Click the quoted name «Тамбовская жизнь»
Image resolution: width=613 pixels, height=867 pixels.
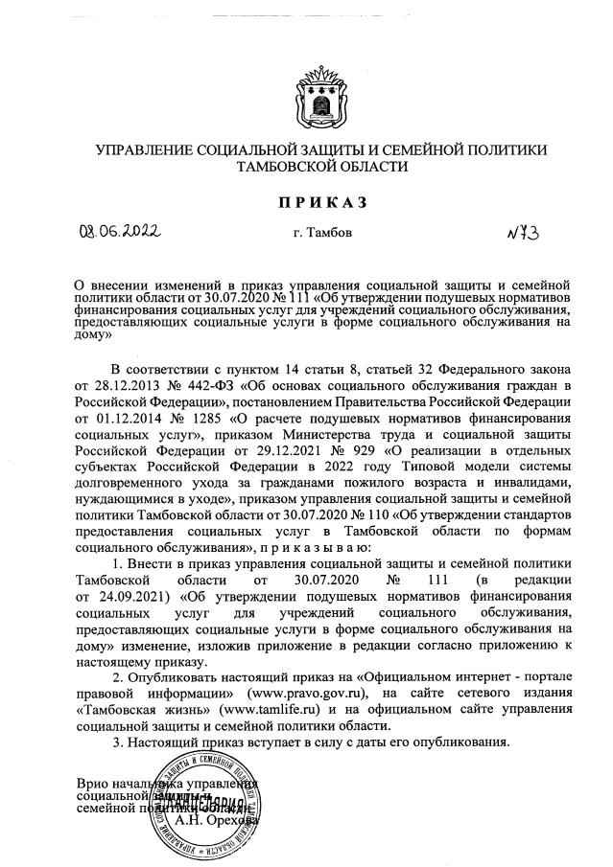133,708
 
